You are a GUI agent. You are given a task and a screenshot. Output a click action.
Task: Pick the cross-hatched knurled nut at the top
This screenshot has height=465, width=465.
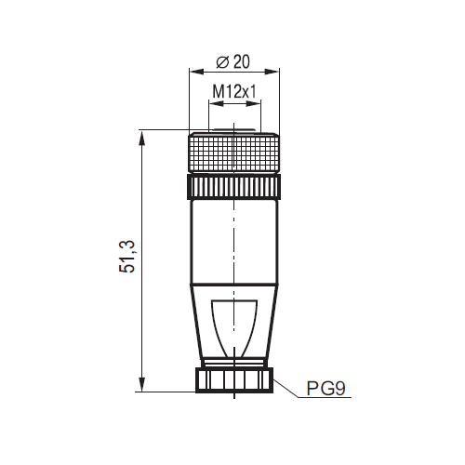[234, 151]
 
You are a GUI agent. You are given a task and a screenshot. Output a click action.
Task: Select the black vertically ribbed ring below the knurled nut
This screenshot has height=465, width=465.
[234, 186]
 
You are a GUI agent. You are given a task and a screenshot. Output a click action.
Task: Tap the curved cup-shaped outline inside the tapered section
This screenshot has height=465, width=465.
[234, 325]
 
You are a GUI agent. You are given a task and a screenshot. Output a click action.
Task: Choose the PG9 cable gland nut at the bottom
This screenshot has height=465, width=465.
[234, 381]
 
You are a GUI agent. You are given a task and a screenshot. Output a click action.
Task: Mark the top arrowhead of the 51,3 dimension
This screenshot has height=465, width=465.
[142, 136]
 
